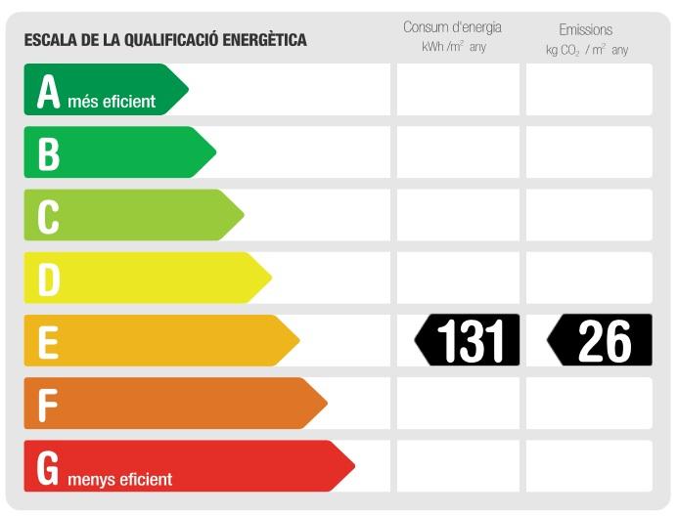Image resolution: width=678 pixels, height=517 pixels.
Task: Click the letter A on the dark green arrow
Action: pos(48,91)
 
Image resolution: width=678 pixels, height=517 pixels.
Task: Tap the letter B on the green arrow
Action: pos(48,153)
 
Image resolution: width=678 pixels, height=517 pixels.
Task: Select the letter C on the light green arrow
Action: pos(48,216)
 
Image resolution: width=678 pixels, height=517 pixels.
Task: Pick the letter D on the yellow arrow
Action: pos(48,280)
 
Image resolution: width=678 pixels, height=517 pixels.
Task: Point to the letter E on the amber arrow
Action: pos(48,342)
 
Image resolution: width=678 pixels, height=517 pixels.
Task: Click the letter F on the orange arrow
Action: pos(47,405)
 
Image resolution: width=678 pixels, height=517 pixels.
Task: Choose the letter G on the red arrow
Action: pos(48,468)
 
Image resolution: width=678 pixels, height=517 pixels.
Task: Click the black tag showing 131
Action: pos(468,341)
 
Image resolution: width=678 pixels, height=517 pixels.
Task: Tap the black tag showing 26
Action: pos(600,341)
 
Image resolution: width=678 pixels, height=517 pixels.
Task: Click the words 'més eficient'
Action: pos(112,101)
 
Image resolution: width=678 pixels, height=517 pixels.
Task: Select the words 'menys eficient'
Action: pos(120,479)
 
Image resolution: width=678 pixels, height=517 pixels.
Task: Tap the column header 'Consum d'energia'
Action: pos(452,27)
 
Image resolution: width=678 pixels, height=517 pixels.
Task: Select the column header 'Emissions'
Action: pos(586,29)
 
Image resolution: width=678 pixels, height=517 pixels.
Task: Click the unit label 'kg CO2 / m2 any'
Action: pos(587,49)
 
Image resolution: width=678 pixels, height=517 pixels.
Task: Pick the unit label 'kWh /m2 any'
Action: pos(454,47)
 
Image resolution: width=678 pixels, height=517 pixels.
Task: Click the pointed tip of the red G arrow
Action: pos(353,466)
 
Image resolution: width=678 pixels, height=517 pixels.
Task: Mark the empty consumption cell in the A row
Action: pos(458,90)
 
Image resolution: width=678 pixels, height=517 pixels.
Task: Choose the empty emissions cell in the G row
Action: pos(589,466)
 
